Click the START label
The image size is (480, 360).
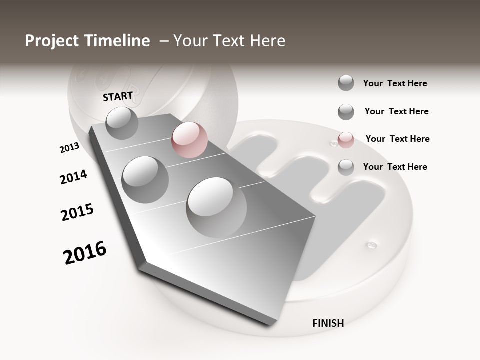pyautogui.click(x=118, y=96)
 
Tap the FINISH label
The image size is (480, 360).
pyautogui.click(x=328, y=323)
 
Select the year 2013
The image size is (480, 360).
pyautogui.click(x=69, y=147)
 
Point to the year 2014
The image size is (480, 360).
pyautogui.click(x=73, y=177)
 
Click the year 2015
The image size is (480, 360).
pyautogui.click(x=77, y=212)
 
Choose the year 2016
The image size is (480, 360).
pyautogui.click(x=85, y=252)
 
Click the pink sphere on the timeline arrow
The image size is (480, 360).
pyautogui.click(x=189, y=140)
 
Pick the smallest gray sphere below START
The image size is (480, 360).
pyautogui.click(x=122, y=123)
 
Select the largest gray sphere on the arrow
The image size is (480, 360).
pyautogui.click(x=216, y=207)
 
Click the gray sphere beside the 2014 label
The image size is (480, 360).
pyautogui.click(x=145, y=179)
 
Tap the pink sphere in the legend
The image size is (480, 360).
pyautogui.click(x=346, y=140)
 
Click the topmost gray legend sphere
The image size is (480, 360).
pyautogui.click(x=346, y=83)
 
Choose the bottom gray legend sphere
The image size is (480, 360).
pyautogui.click(x=346, y=167)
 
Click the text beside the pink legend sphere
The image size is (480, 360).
pyautogui.click(x=397, y=139)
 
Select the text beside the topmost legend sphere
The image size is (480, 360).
pyautogui.click(x=395, y=83)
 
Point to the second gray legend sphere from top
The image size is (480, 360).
pyautogui.click(x=346, y=112)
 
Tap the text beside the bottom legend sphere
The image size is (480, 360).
pyautogui.click(x=395, y=167)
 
